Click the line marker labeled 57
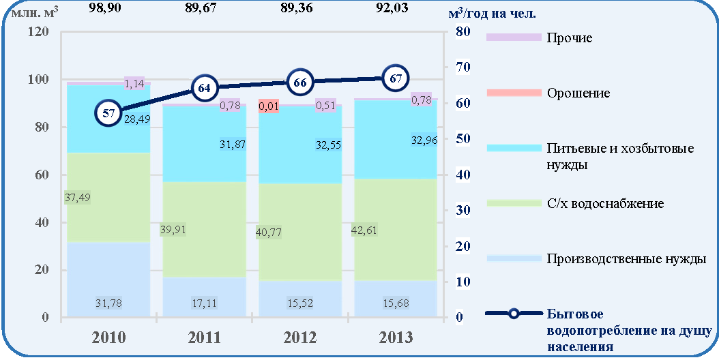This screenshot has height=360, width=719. [108, 112]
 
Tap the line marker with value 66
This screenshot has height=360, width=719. [300, 82]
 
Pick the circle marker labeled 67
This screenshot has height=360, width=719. [396, 78]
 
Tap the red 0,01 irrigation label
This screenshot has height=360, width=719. [269, 106]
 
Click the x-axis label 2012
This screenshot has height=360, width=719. [300, 337]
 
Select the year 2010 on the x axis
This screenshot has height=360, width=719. [108, 337]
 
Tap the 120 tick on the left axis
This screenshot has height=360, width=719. [38, 32]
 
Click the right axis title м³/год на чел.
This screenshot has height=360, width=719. [493, 14]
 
